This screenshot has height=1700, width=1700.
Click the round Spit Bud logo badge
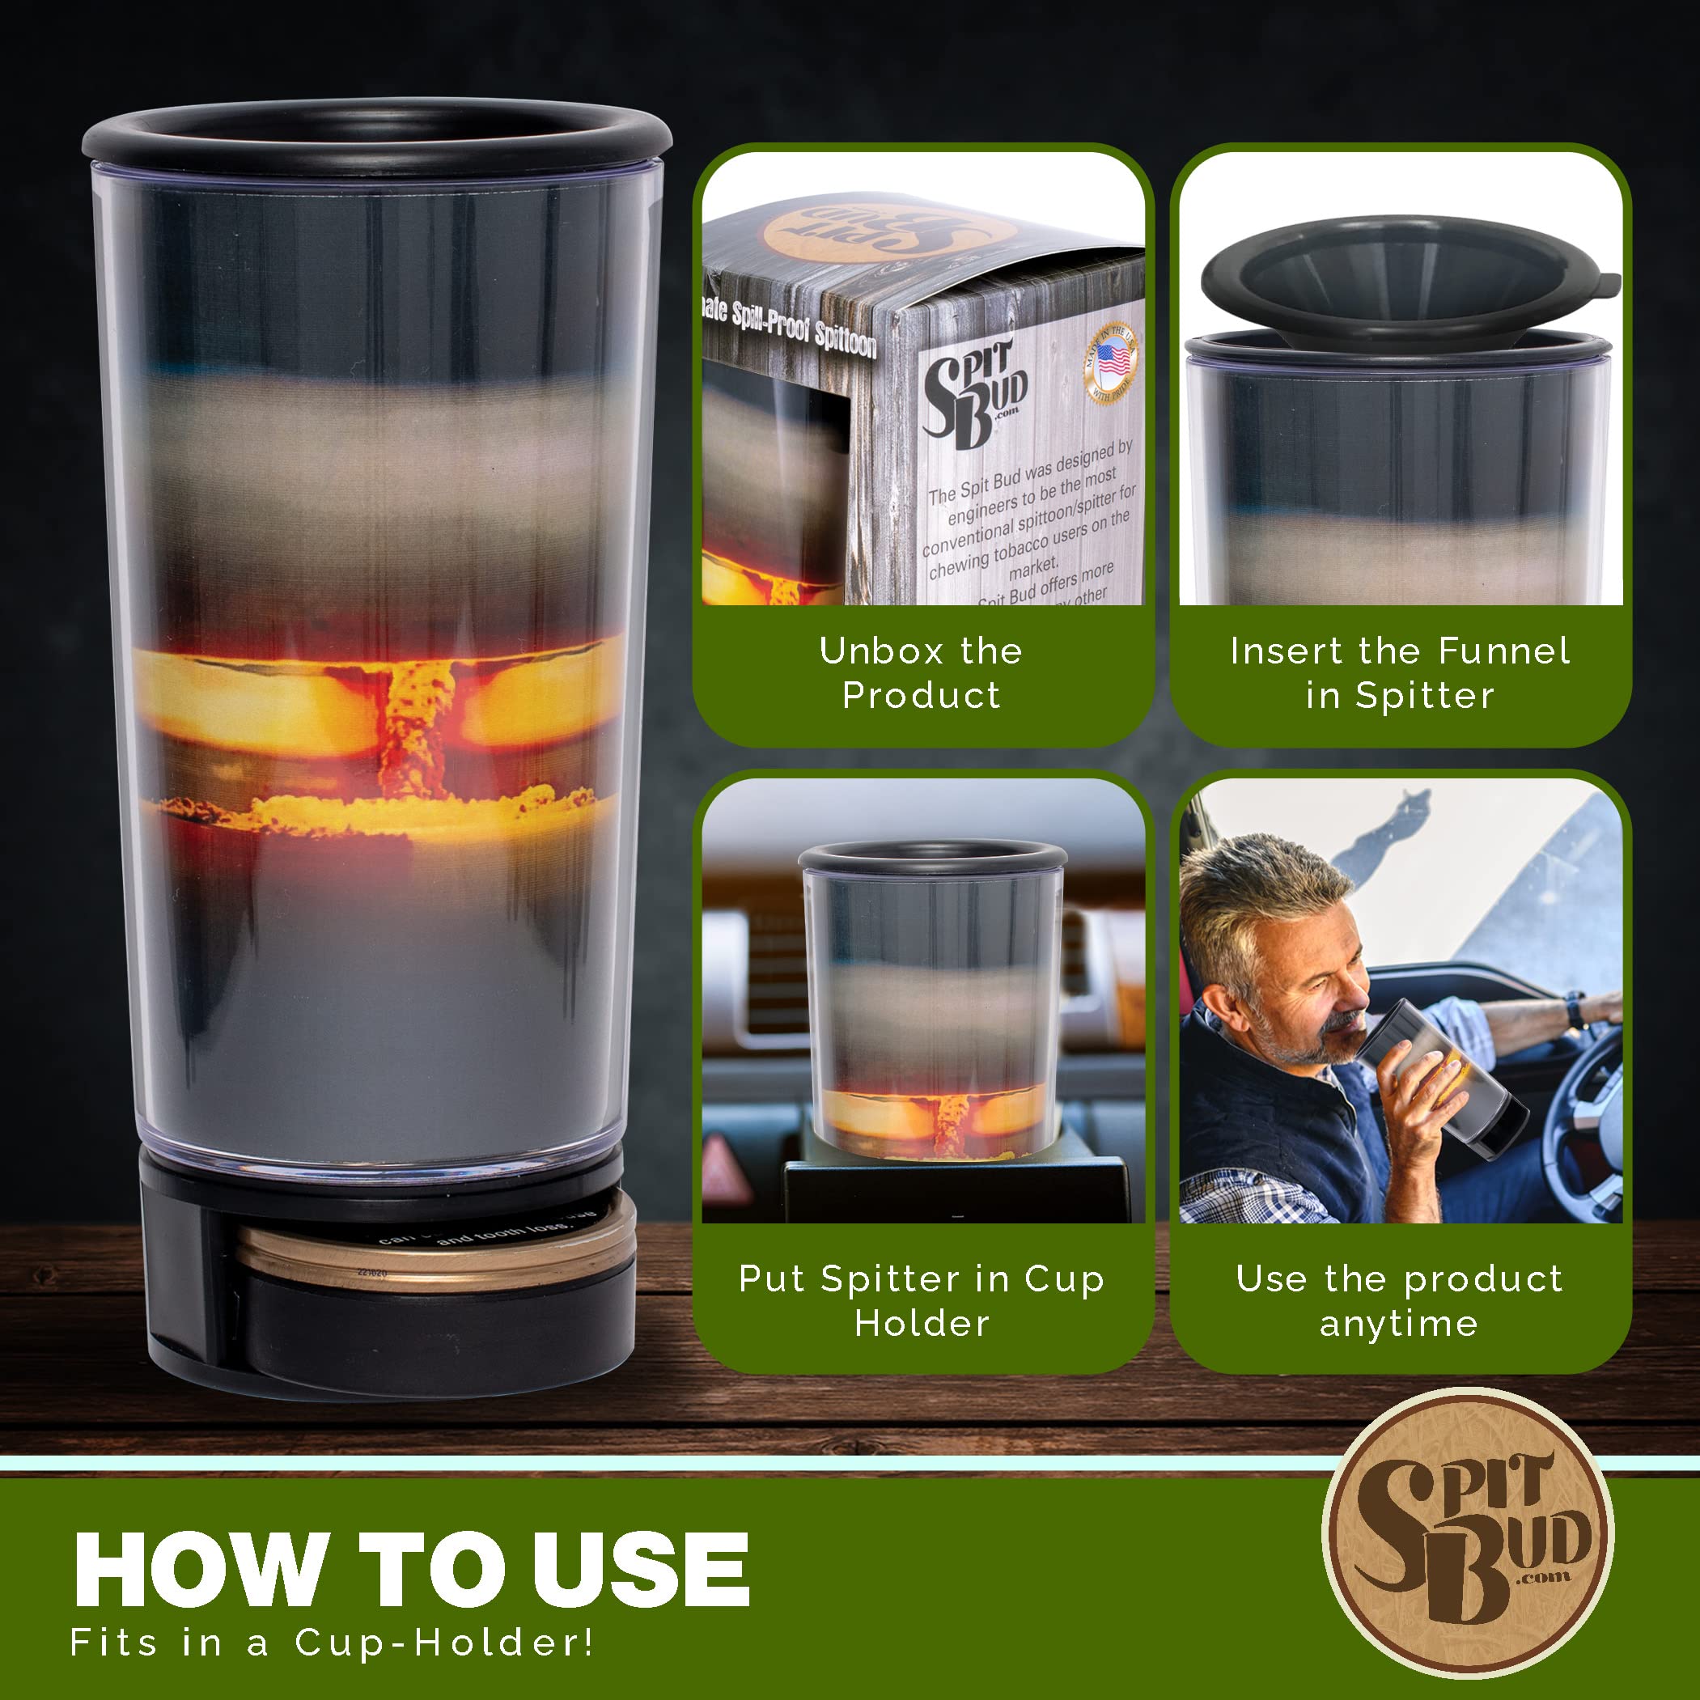1468,1532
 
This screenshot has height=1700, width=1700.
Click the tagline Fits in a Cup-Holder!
332,1643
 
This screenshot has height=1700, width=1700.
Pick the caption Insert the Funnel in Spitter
1399,673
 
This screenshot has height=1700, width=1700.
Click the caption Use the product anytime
1399,1300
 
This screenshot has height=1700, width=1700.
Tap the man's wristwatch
1575,1008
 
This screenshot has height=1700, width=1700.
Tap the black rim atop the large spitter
376,132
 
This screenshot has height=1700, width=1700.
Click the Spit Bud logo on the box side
973,392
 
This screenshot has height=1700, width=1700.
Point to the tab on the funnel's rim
1607,283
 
